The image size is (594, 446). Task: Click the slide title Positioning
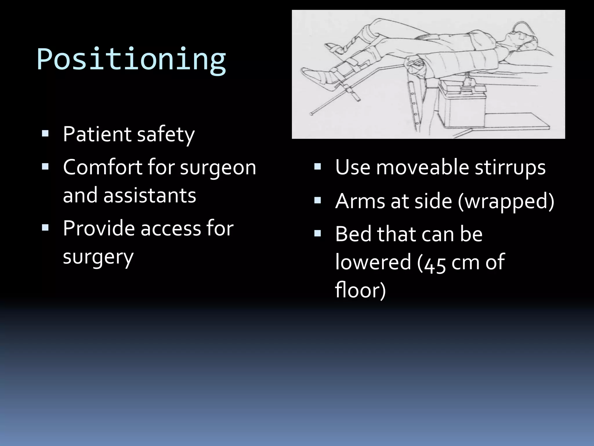click(131, 60)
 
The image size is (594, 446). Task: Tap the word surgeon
click(218, 168)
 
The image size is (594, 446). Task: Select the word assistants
click(150, 195)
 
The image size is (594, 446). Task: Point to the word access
click(171, 228)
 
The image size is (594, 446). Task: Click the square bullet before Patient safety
click(45, 134)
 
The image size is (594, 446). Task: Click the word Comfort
click(102, 168)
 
